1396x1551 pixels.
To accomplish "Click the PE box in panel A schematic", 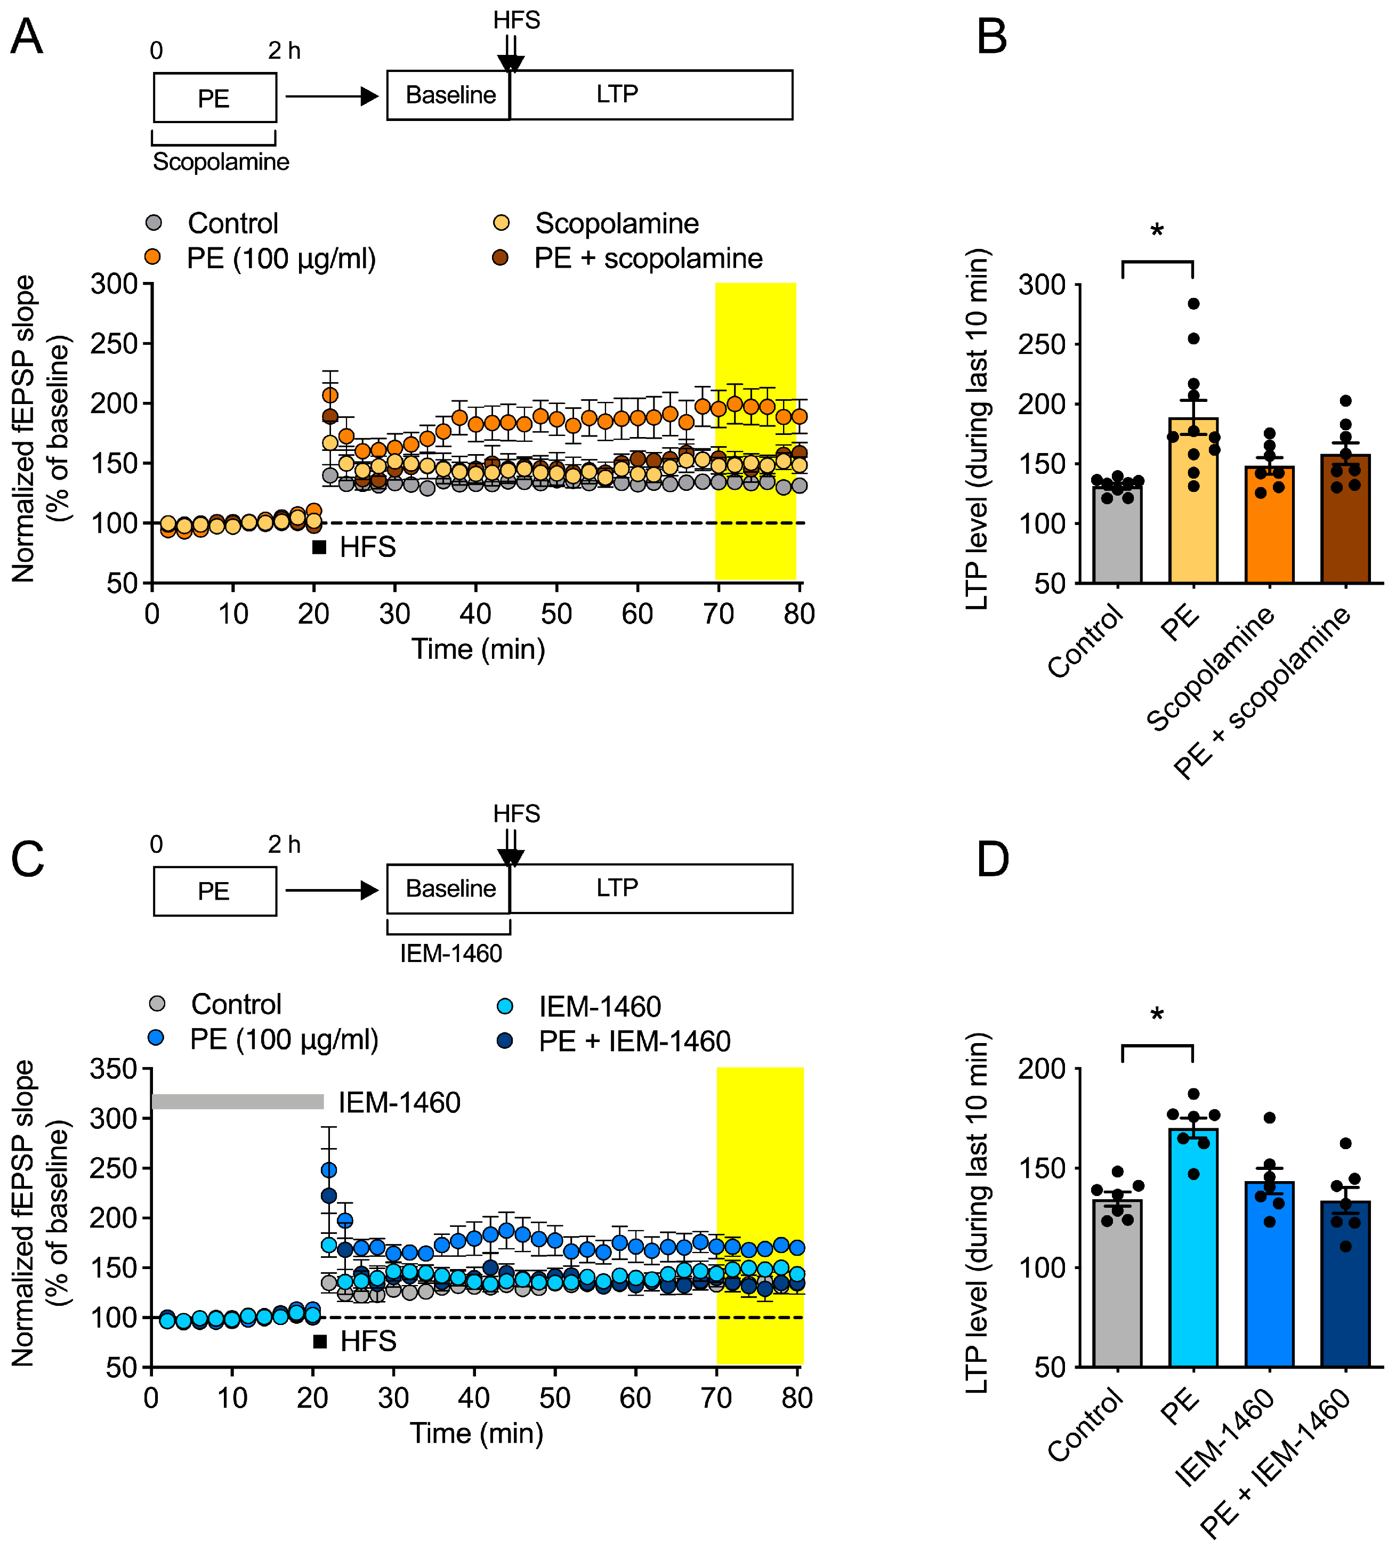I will click(x=215, y=98).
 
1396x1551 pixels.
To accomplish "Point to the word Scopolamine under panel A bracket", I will click(x=221, y=162).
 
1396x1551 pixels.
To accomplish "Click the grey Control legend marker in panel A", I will click(x=154, y=223).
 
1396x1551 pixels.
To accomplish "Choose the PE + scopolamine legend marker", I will click(x=500, y=258).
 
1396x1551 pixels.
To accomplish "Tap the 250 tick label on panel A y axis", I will click(x=113, y=344).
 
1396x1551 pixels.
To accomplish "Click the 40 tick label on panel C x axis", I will click(x=473, y=1397).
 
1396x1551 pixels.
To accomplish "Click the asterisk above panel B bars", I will click(x=1157, y=231).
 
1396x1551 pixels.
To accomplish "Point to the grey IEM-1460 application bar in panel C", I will click(x=238, y=1102).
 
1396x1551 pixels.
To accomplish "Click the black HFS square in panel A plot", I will click(x=319, y=547).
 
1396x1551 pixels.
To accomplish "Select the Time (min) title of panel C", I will click(x=477, y=1432).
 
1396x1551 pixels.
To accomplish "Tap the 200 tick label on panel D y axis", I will click(x=1042, y=1069).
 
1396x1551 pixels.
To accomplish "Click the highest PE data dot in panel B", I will click(x=1193, y=304).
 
